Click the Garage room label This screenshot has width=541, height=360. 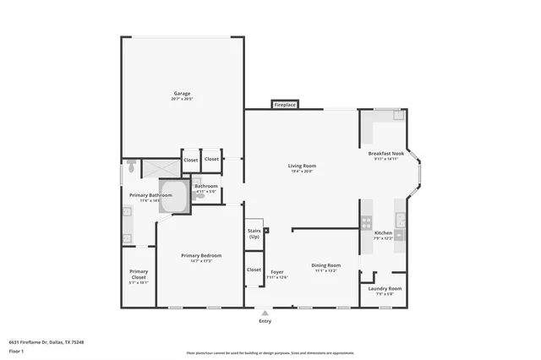pyautogui.click(x=182, y=93)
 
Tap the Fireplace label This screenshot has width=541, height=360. pyautogui.click(x=284, y=105)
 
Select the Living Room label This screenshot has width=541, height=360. pyautogui.click(x=302, y=166)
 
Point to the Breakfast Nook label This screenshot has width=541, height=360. pyautogui.click(x=385, y=154)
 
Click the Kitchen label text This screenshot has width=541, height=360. pyautogui.click(x=383, y=232)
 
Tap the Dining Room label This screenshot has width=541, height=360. pyautogui.click(x=326, y=265)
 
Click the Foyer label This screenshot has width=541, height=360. pyautogui.click(x=277, y=272)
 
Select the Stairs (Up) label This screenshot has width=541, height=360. pyautogui.click(x=254, y=233)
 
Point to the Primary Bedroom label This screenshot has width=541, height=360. pyautogui.click(x=201, y=255)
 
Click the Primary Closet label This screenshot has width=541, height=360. pyautogui.click(x=139, y=275)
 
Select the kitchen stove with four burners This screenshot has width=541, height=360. pyautogui.click(x=366, y=223)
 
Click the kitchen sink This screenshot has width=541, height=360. pyautogui.click(x=401, y=221)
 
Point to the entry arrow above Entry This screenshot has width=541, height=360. pyautogui.click(x=265, y=314)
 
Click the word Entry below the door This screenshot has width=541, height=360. pyautogui.click(x=265, y=321)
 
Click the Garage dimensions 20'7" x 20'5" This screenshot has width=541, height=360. pyautogui.click(x=182, y=99)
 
